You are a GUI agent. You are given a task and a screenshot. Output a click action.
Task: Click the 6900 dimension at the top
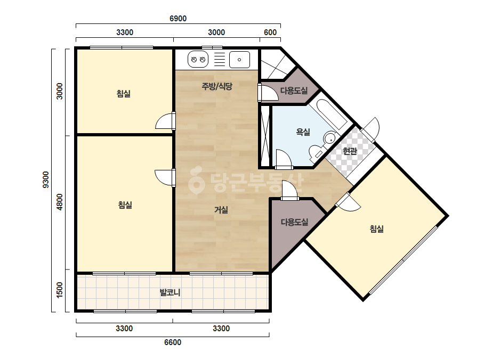tap(178, 19)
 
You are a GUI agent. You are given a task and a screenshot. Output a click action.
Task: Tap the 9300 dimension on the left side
tap(46, 179)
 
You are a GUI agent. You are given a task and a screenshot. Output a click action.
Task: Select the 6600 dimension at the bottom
tap(173, 342)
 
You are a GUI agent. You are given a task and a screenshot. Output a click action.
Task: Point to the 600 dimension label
tap(270, 32)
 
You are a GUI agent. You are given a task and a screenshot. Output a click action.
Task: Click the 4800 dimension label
tap(59, 202)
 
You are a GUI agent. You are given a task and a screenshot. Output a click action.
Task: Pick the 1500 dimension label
tap(59, 290)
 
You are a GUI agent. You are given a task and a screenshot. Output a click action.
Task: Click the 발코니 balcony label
tap(170, 292)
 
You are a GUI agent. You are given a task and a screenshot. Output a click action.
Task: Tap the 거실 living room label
tap(221, 210)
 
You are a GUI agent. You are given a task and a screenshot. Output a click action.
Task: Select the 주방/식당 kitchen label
tap(217, 86)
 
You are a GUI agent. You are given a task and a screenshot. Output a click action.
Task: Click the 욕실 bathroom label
tap(303, 132)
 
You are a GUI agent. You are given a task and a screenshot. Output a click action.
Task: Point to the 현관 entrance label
tap(350, 151)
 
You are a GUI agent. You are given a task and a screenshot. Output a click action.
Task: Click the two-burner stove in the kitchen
tap(198, 59)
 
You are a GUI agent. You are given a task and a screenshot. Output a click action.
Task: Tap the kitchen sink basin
tap(239, 60)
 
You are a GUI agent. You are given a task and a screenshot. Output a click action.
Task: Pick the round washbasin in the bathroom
tap(329, 138)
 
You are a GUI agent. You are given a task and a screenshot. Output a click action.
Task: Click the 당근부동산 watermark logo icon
tap(196, 180)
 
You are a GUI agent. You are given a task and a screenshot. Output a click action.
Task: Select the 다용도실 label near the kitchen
tap(294, 91)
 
